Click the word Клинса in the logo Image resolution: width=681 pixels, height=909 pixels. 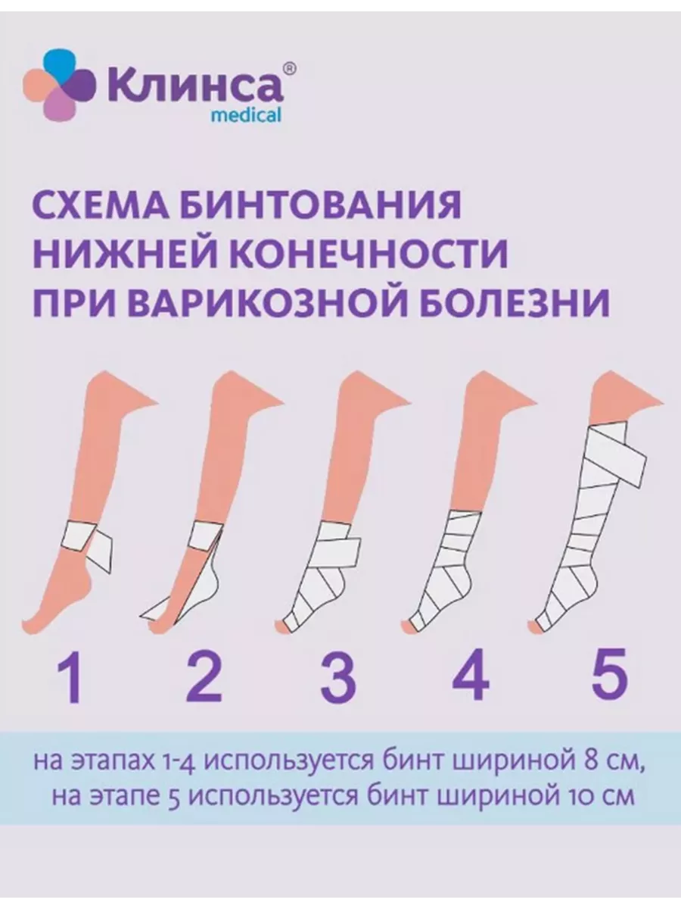pos(195,85)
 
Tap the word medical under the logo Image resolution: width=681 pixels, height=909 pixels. pos(246,115)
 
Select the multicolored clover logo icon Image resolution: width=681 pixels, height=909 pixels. pos(59,86)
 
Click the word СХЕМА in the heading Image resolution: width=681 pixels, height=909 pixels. pos(101,205)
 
